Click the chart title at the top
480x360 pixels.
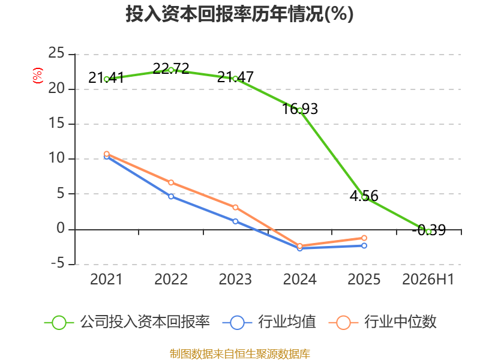(239, 14)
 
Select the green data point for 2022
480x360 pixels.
(171, 70)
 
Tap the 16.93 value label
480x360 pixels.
(299, 109)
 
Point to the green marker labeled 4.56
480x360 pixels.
(364, 197)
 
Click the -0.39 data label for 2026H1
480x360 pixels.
(429, 230)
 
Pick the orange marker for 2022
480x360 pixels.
(171, 182)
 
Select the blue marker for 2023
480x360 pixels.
(235, 221)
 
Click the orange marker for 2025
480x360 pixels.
(364, 238)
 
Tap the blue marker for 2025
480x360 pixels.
(364, 245)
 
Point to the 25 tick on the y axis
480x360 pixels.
(56, 53)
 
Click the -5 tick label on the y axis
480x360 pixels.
(58, 263)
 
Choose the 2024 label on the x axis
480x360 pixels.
(299, 279)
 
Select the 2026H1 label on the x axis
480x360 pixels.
(428, 279)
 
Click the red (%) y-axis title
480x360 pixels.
(38, 76)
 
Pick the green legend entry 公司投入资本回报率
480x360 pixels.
(127, 322)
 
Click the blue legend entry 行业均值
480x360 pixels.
(269, 322)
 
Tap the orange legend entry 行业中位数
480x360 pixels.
(383, 322)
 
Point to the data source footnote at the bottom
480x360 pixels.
(240, 354)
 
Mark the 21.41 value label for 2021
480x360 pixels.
(106, 78)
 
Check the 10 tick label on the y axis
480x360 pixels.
(56, 158)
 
